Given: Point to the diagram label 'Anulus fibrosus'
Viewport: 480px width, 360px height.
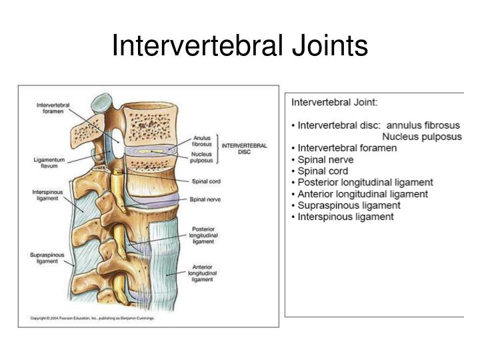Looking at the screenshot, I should point(202,141).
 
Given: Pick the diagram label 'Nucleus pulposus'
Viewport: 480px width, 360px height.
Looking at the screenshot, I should point(201,157).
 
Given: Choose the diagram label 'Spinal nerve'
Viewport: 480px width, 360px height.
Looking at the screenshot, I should point(205,199).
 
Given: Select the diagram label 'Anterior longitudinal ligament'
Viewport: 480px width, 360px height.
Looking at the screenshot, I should point(203,273).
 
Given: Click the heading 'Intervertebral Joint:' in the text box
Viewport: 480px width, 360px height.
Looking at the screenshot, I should point(334,102).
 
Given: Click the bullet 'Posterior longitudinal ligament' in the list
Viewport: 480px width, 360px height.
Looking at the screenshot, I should point(365,183).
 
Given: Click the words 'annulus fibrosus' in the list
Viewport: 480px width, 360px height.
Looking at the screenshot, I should point(423,125).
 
